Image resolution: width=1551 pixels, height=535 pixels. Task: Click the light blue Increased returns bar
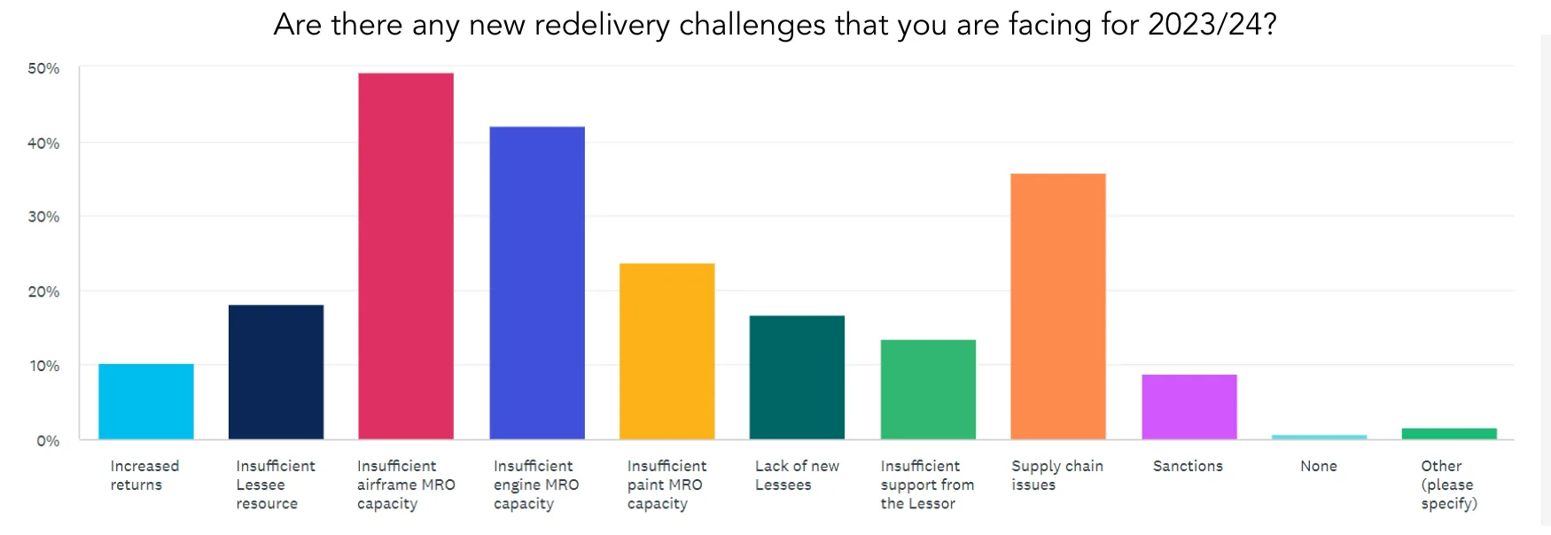(145, 401)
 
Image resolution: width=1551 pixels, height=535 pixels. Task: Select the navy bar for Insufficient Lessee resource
(276, 372)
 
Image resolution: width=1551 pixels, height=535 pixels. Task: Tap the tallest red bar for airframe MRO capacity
(406, 256)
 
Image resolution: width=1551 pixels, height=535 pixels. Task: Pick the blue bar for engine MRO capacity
(537, 283)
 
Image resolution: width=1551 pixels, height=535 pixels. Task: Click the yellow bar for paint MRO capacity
(666, 351)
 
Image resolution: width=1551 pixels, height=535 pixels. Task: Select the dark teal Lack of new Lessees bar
(797, 377)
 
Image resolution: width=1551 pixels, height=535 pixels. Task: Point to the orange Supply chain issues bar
(1058, 306)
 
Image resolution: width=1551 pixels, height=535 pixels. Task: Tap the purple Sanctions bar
(1189, 407)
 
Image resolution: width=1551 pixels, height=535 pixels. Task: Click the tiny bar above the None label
(1319, 437)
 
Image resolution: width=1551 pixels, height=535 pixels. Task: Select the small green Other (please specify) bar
(1449, 433)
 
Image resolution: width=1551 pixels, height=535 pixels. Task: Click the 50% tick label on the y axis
(43, 68)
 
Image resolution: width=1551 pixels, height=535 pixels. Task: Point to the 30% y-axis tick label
(43, 217)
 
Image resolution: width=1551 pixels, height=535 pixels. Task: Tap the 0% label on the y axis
(48, 441)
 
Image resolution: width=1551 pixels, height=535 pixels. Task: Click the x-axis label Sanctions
(1188, 466)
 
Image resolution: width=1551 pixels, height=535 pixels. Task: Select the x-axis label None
(1319, 466)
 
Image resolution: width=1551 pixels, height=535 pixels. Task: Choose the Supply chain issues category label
(1056, 475)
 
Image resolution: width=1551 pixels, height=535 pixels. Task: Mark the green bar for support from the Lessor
(928, 390)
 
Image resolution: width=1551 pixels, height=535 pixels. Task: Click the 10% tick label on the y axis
(43, 366)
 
